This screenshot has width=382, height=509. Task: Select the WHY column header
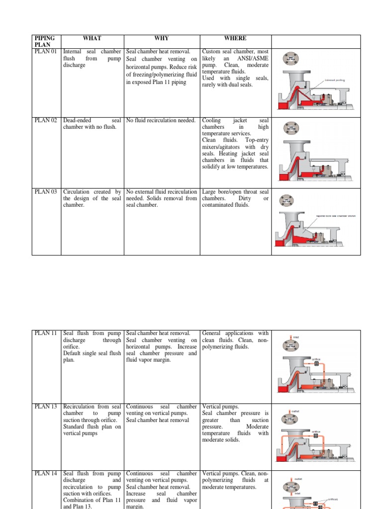point(162,38)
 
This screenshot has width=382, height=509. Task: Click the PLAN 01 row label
point(45,51)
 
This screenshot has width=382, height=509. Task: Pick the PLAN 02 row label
point(45,120)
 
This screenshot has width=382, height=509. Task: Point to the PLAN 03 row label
point(45,192)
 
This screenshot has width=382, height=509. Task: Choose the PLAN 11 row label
point(45,333)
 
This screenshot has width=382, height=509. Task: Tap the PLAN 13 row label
point(45,407)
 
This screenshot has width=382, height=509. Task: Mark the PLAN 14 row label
point(45,474)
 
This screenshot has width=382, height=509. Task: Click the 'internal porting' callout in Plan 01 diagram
point(334,80)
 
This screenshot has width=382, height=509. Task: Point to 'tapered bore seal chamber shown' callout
point(336,216)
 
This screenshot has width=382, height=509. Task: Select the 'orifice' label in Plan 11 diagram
point(316,358)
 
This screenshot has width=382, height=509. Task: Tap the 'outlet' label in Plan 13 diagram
point(296,411)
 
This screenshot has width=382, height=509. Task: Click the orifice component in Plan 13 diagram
point(315,436)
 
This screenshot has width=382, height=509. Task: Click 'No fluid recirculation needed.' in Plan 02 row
point(161,120)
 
